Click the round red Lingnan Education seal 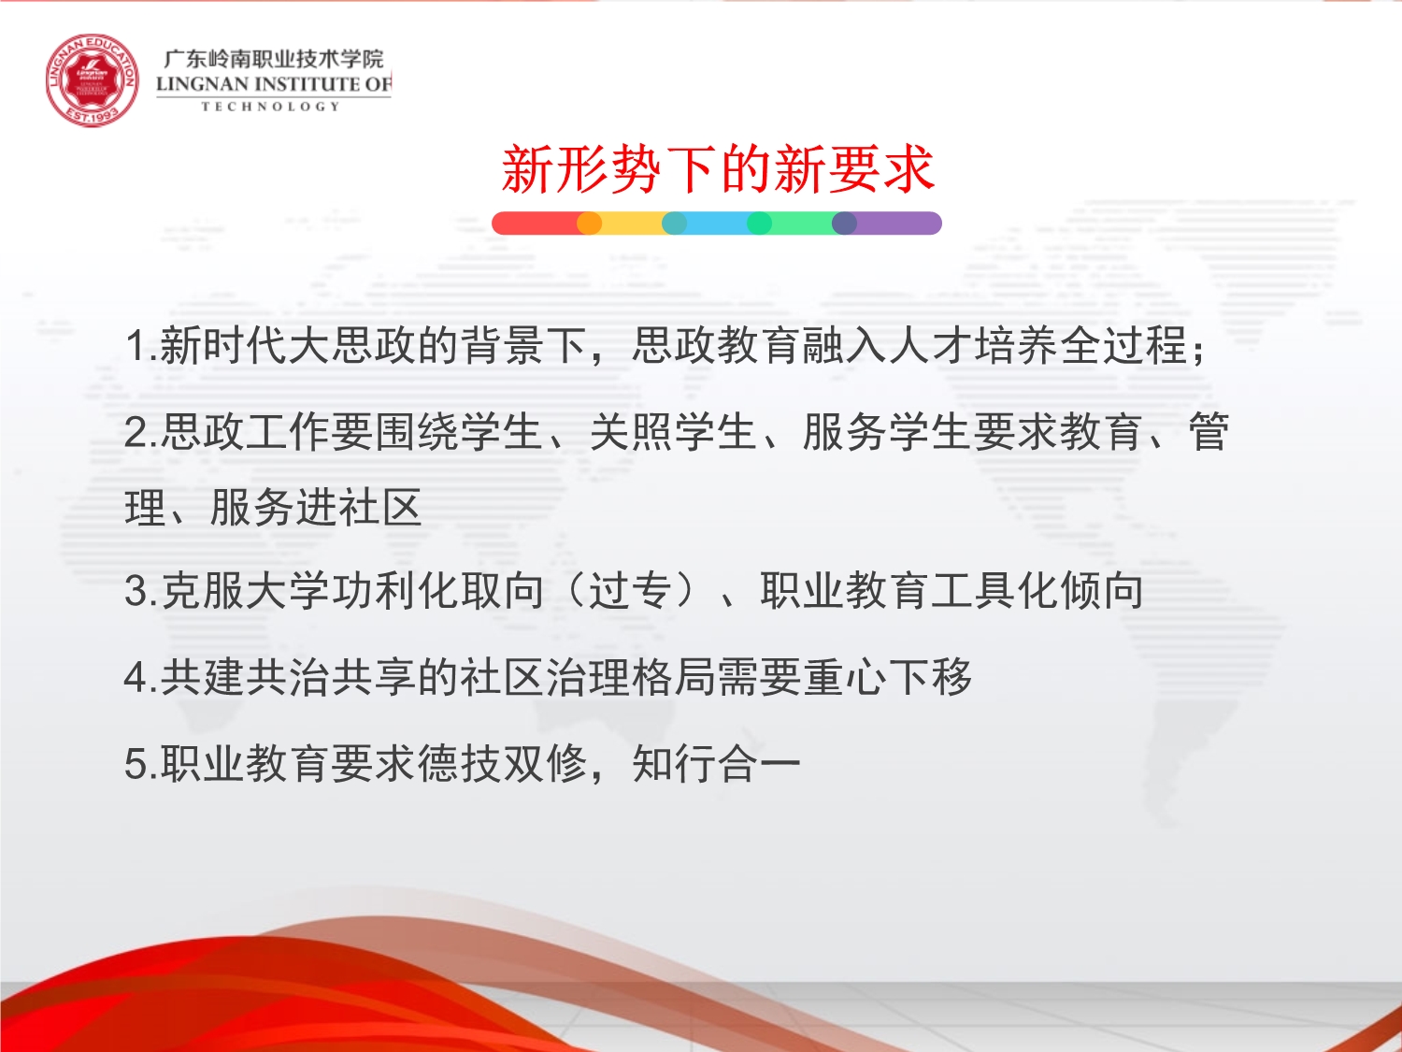92,79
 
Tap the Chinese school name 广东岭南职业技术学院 273,60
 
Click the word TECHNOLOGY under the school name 271,107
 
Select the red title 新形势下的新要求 718,169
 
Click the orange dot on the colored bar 589,223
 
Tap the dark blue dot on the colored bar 844,223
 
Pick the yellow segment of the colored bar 632,223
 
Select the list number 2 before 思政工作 136,432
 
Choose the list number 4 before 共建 136,676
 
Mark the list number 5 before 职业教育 136,763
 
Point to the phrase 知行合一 717,763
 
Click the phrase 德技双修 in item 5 502,763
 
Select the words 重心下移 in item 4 888,676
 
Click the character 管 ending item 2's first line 1209,432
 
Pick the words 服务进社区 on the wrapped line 316,508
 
